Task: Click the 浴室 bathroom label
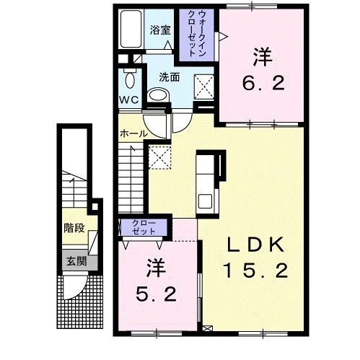(x=160, y=30)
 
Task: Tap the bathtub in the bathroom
(x=131, y=29)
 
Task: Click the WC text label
(x=129, y=100)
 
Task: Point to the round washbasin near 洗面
(x=158, y=95)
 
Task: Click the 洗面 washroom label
(x=170, y=77)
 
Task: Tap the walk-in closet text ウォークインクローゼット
(x=197, y=34)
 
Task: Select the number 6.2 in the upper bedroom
(x=263, y=83)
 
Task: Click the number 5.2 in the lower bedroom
(x=156, y=294)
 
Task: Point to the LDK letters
(x=255, y=245)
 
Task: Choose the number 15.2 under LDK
(x=256, y=270)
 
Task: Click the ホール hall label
(x=133, y=133)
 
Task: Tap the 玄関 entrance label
(x=76, y=261)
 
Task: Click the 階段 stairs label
(x=74, y=228)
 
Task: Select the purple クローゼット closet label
(x=144, y=227)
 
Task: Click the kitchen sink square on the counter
(x=205, y=201)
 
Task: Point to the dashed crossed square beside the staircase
(x=159, y=157)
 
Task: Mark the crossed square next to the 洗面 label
(x=204, y=87)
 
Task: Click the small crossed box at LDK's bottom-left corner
(x=208, y=328)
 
